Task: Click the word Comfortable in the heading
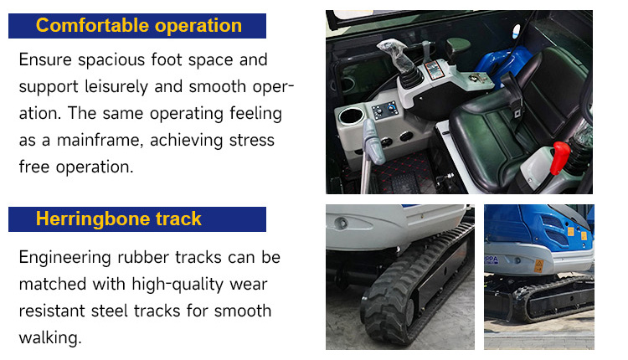92,25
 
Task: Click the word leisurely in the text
116,87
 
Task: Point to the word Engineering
64,258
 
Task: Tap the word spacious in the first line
111,60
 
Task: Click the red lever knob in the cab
560,157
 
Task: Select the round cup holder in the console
351,116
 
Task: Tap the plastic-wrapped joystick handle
396,57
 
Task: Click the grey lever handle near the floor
373,142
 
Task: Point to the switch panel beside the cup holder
384,110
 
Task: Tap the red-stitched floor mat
404,173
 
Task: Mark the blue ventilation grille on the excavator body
553,229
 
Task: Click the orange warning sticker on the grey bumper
539,265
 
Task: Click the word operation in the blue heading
198,26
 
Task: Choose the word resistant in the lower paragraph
52,311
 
